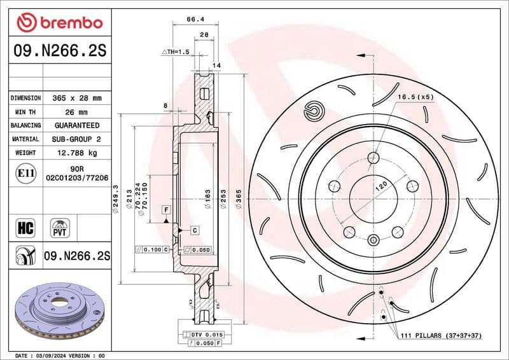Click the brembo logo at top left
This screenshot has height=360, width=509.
pyautogui.click(x=59, y=23)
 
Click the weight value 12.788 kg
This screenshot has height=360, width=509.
pyautogui.click(x=76, y=153)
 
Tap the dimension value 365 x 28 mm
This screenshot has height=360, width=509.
pyautogui.click(x=76, y=99)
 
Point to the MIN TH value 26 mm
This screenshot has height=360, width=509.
pyautogui.click(x=76, y=113)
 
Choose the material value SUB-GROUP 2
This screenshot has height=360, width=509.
pyautogui.click(x=76, y=139)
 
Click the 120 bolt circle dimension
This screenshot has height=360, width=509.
pyautogui.click(x=380, y=186)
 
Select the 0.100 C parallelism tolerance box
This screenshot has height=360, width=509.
pyautogui.click(x=153, y=250)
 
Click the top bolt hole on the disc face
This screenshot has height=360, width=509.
pyautogui.click(x=373, y=157)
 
